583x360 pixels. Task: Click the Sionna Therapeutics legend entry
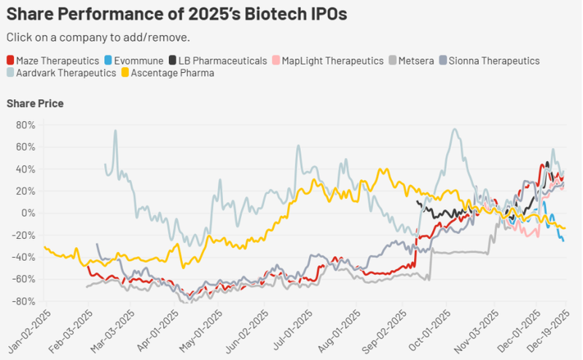pos(495,60)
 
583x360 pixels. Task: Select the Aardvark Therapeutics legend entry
pos(66,73)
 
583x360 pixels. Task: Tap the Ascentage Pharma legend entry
pos(173,73)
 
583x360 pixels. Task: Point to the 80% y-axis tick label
pos(26,125)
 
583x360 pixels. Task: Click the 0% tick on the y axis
pos(28,213)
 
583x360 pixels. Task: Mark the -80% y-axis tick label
pos(23,301)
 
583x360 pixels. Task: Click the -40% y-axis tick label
pos(23,257)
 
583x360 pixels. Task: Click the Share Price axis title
pos(34,103)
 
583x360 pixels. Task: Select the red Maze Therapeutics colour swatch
pos(10,60)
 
